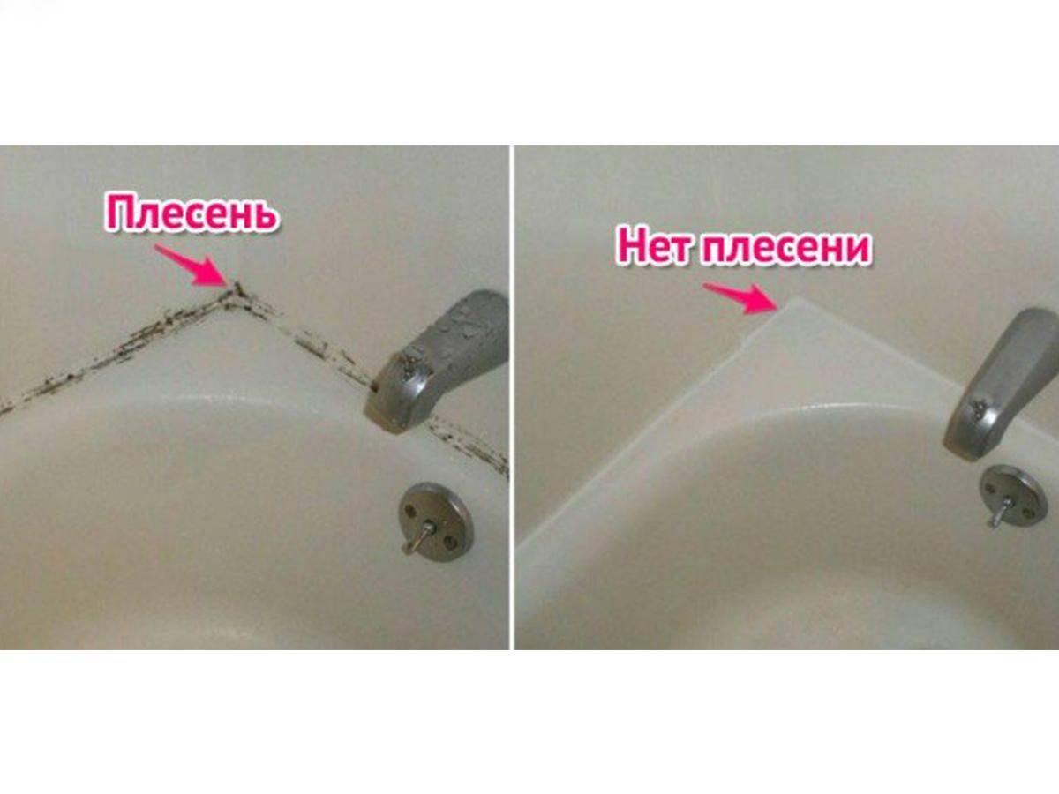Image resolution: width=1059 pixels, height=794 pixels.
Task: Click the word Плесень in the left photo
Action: coord(192,213)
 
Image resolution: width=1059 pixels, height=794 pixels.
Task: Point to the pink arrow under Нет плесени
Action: coord(740,298)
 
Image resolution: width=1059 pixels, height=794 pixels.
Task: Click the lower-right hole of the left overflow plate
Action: coord(451,543)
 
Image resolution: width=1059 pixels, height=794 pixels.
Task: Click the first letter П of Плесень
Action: coord(119,213)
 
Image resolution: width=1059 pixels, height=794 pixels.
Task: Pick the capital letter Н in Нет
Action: coord(631,247)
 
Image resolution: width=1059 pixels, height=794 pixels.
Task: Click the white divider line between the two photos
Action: coord(512,397)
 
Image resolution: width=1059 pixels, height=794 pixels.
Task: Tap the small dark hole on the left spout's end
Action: coord(375,386)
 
